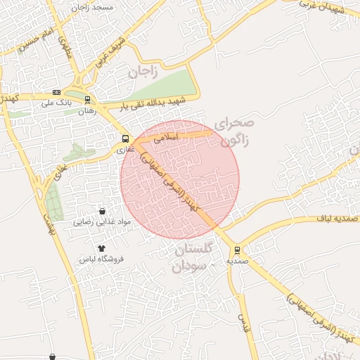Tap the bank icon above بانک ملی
coord(56,93)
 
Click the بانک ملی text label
coord(57,103)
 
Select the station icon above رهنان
coord(87,100)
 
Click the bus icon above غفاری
coord(125,139)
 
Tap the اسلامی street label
coord(169,139)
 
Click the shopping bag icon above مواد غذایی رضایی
coord(103,211)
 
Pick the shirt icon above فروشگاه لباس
coord(101,248)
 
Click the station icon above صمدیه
coord(236,250)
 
